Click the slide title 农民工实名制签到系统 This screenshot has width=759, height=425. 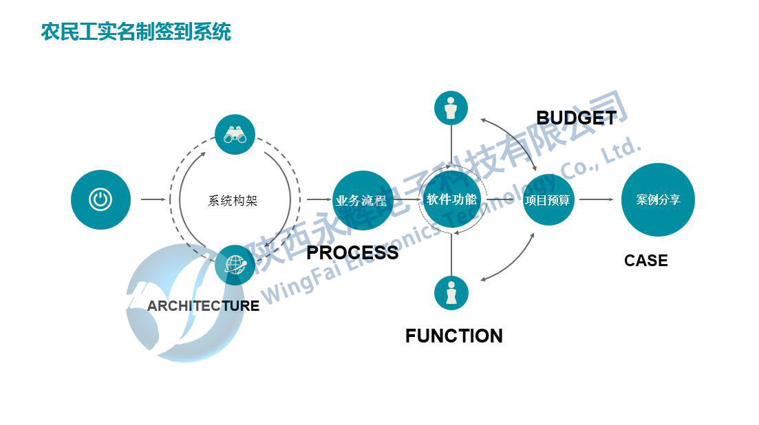click(x=136, y=32)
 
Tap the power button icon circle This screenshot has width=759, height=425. click(x=100, y=200)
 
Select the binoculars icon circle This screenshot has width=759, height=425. click(x=235, y=135)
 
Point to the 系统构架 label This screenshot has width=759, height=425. click(x=233, y=201)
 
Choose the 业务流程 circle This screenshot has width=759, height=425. click(x=362, y=201)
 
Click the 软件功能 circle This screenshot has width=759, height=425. click(x=451, y=199)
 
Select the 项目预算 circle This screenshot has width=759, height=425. click(x=548, y=200)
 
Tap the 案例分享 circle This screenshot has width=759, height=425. click(x=658, y=199)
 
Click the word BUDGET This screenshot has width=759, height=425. click(x=576, y=118)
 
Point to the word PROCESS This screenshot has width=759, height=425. click(x=352, y=253)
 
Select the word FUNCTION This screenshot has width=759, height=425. click(x=453, y=336)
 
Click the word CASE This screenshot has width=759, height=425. click(x=645, y=261)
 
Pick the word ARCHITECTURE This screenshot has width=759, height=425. click(x=203, y=306)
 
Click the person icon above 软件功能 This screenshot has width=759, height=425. click(x=451, y=108)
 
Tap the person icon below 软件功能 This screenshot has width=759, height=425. click(x=451, y=292)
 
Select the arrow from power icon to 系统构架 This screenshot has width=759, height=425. click(x=153, y=200)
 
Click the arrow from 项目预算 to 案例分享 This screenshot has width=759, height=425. click(x=596, y=200)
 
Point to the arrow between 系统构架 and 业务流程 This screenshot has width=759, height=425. click(x=319, y=200)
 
